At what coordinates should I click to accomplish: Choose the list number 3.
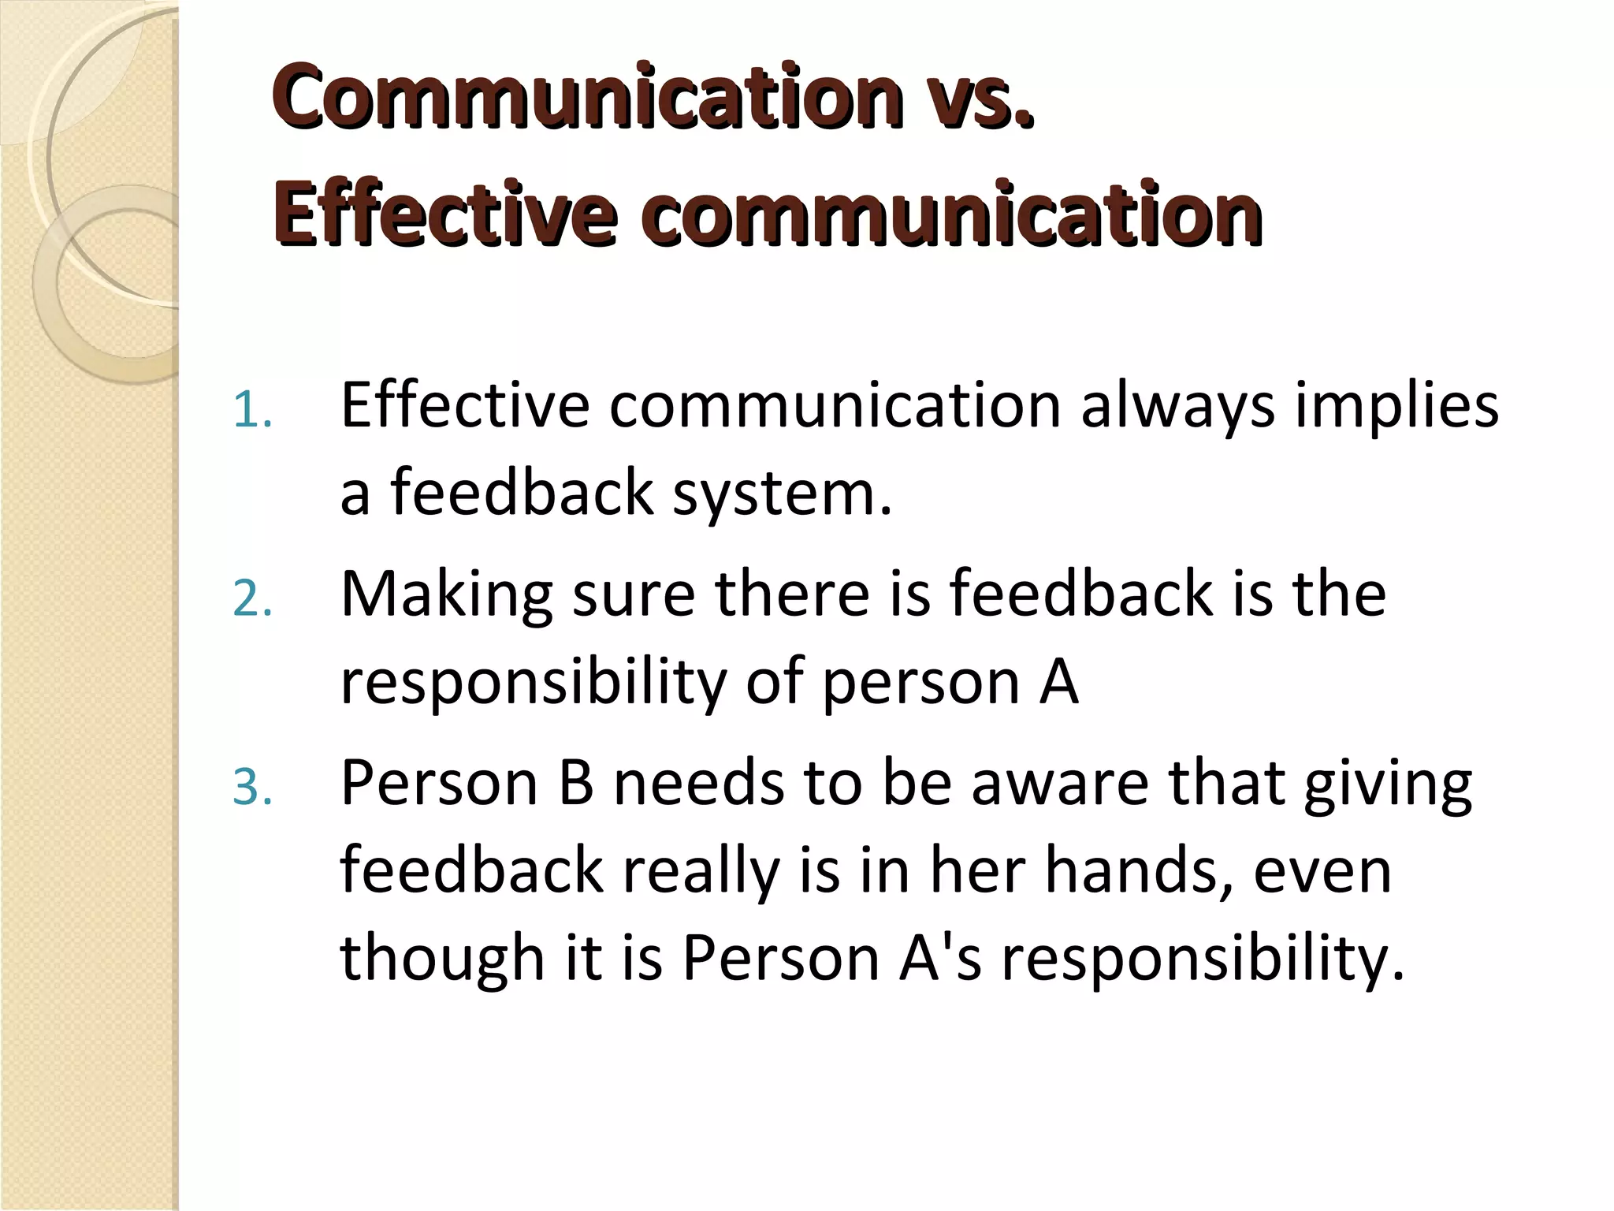coord(252,788)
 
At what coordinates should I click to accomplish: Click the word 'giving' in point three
coord(1387,784)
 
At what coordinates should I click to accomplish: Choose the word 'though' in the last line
coord(442,957)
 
